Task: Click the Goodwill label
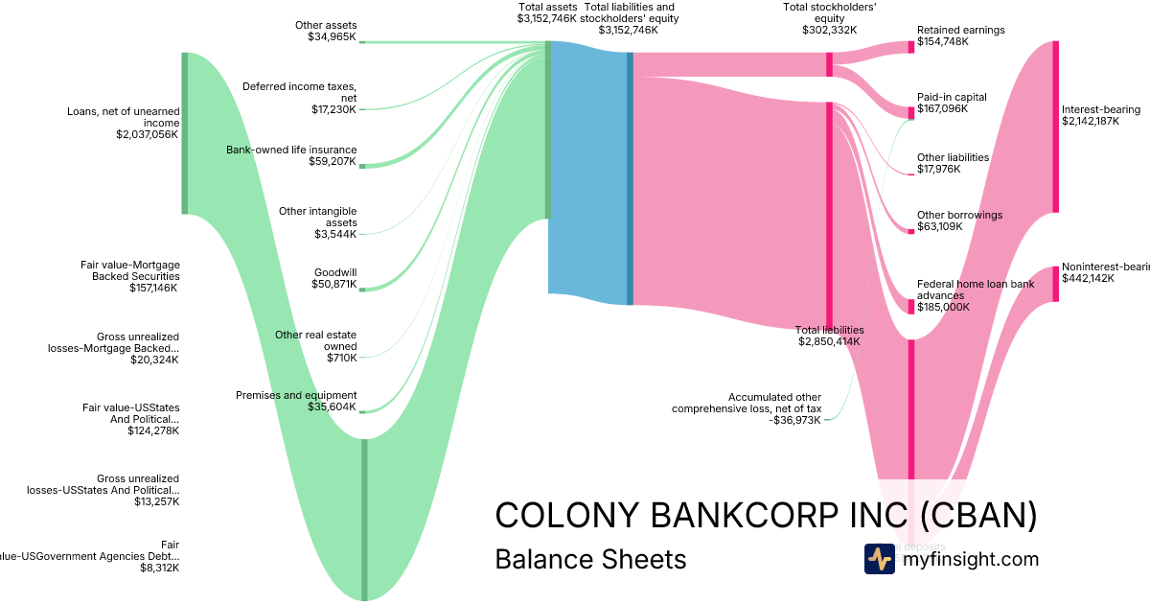click(335, 272)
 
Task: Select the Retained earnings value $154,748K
click(943, 42)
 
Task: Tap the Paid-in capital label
click(952, 97)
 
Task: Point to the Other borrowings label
click(959, 215)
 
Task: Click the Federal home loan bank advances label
click(962, 290)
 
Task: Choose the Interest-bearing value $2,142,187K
click(1091, 121)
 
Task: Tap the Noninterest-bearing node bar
click(1056, 284)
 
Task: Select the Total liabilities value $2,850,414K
click(829, 341)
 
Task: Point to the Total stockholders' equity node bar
click(829, 64)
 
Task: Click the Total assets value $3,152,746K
click(546, 18)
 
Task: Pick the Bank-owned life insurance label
click(291, 150)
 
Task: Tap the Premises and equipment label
click(296, 395)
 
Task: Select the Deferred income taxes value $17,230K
click(333, 109)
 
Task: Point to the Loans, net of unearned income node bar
click(185, 133)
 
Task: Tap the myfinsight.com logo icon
click(879, 559)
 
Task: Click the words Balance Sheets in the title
click(590, 559)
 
